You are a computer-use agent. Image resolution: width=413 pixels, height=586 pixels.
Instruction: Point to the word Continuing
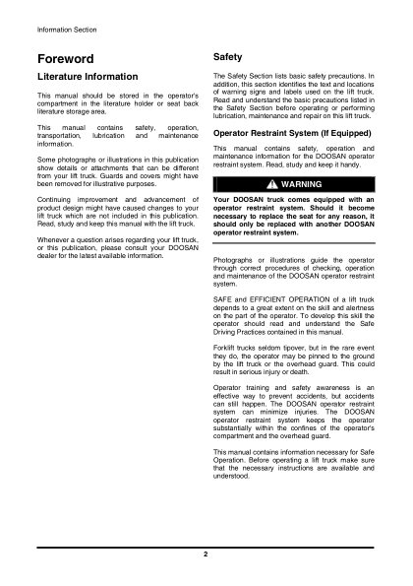(x=57, y=199)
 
